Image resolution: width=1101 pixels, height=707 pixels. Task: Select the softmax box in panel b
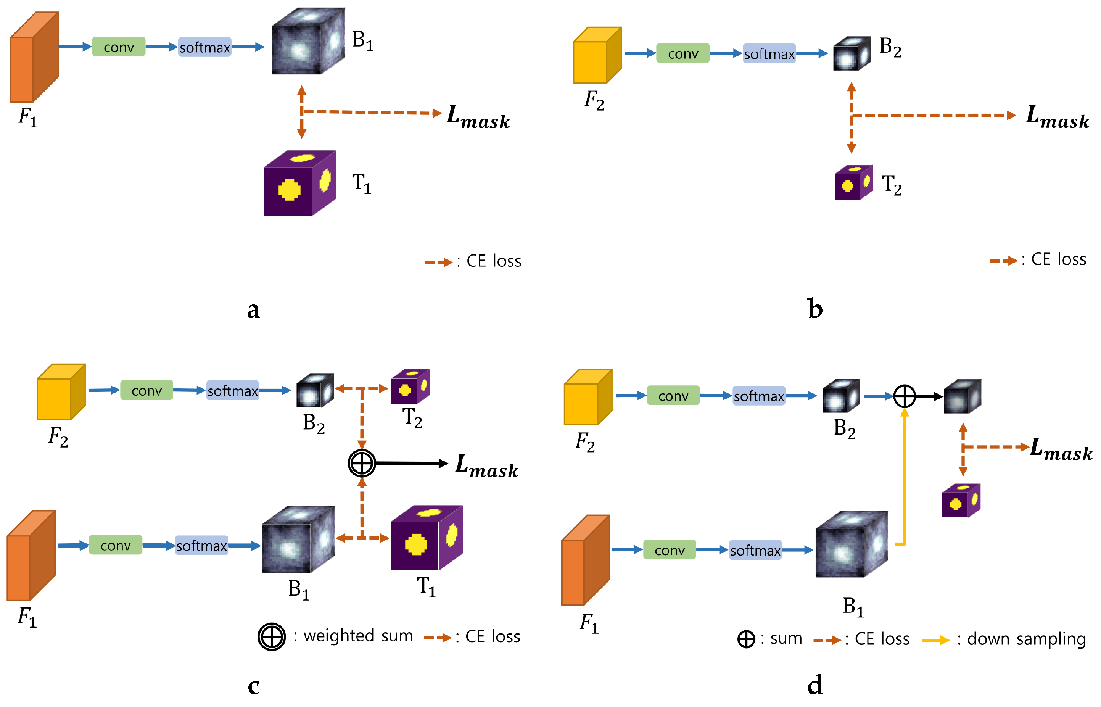[769, 54]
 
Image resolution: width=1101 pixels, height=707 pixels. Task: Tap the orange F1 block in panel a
[34, 57]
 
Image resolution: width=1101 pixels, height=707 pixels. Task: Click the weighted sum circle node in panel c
[362, 463]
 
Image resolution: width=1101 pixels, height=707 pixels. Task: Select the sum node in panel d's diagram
[904, 396]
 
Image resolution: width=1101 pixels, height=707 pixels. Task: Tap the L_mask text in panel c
[486, 466]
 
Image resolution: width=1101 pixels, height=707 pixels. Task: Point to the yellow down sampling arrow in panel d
[905, 477]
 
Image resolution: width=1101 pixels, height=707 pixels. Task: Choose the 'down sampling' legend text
[1026, 639]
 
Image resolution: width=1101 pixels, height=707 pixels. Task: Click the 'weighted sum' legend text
[358, 636]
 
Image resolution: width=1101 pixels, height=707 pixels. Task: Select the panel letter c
[253, 686]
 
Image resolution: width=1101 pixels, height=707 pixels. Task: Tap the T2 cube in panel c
[410, 387]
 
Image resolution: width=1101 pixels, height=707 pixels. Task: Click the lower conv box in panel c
[115, 545]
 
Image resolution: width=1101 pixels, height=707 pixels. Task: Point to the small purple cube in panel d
[961, 501]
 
